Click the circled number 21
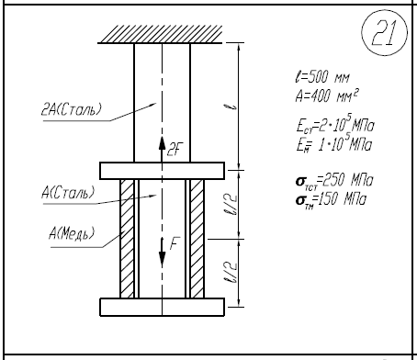(x=385, y=32)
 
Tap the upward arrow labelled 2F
(x=162, y=149)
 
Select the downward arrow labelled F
(x=162, y=253)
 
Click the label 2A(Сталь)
(x=71, y=109)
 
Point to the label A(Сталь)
(x=68, y=193)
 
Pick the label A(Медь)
(x=72, y=233)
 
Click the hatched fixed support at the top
(x=160, y=34)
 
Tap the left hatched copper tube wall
(x=127, y=239)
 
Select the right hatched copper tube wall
(x=197, y=239)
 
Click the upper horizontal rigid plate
(x=163, y=171)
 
